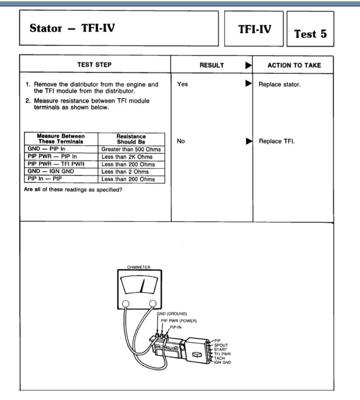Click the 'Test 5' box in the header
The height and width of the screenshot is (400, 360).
click(310, 34)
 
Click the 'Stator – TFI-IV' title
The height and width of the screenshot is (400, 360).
click(72, 28)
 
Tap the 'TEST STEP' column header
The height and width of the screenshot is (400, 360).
click(94, 65)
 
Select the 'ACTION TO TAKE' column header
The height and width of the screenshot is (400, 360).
click(294, 65)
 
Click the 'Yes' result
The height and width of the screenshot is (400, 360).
click(183, 84)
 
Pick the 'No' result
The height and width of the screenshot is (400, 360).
click(181, 141)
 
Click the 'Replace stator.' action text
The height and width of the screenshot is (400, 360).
click(280, 85)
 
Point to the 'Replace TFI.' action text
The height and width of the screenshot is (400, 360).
click(276, 141)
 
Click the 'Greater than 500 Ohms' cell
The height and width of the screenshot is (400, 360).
click(131, 150)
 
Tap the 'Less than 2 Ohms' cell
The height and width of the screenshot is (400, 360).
click(125, 172)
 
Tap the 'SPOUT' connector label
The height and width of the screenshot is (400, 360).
click(221, 345)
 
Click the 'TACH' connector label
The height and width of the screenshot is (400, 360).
click(220, 358)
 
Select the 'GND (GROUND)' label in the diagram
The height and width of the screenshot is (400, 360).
click(172, 314)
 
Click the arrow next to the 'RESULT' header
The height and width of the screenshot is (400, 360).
click(248, 65)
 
